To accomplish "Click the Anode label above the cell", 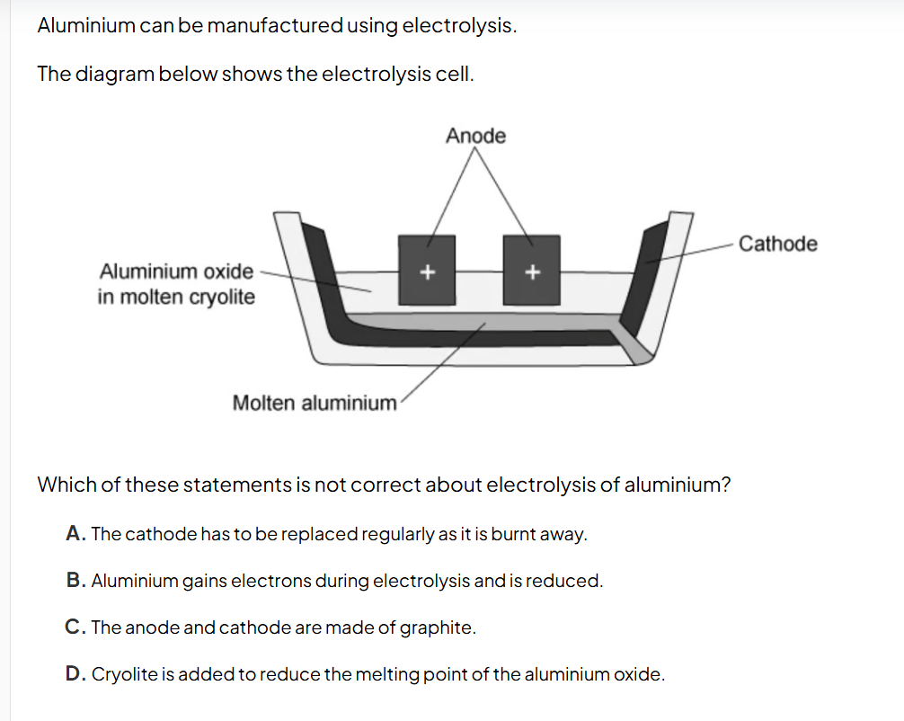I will [x=475, y=136].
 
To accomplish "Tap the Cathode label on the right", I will [x=777, y=244].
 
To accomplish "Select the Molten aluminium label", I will [x=314, y=403].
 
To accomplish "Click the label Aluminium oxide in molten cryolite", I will [x=176, y=283].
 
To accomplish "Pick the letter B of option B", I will [x=75, y=581].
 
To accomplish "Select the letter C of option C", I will [x=75, y=628].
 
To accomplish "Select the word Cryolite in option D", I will [x=123, y=674].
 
